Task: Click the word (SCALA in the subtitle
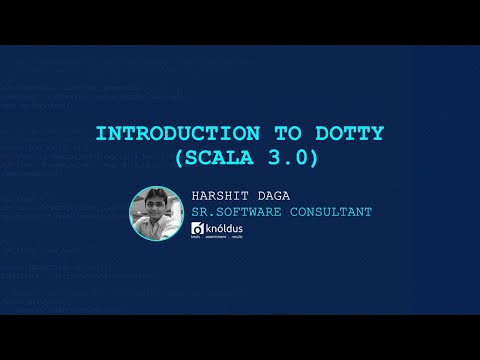213,158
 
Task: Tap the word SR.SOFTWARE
236,212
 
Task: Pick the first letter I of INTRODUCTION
100,133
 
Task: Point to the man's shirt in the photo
157,230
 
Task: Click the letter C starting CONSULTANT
289,212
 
